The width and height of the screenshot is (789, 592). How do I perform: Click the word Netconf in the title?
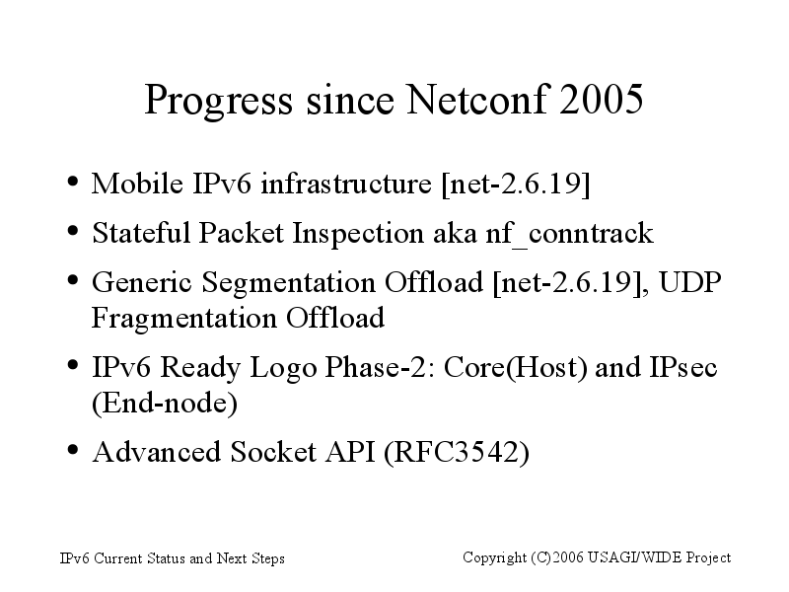pos(477,100)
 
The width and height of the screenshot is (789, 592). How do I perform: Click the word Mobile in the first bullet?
pos(137,183)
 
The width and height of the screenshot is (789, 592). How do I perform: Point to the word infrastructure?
pos(346,183)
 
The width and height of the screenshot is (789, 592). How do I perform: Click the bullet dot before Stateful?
pos(72,231)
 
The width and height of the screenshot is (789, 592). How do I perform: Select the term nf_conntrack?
pos(569,234)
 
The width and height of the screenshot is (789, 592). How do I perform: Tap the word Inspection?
pos(358,234)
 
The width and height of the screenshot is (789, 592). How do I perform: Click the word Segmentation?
pos(288,283)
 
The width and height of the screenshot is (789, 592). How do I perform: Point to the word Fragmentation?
pos(184,319)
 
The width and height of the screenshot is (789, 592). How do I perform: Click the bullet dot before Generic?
pos(72,279)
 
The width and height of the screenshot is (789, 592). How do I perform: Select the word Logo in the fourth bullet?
pos(283,368)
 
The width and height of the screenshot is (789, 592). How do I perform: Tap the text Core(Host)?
pos(515,367)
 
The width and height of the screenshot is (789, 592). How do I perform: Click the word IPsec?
pos(682,366)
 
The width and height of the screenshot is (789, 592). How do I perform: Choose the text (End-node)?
pos(164,404)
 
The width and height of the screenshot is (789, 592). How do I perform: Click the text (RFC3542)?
pos(457,452)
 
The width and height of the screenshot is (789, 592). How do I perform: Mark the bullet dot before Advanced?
pos(72,449)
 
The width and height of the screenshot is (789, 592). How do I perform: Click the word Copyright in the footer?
pos(495,558)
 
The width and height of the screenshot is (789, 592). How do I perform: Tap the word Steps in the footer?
pos(268,559)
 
